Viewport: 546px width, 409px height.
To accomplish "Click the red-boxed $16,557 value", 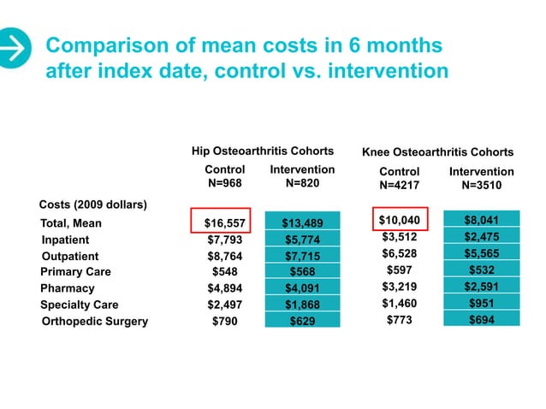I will [221, 223].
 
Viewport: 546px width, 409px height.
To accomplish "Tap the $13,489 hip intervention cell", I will [302, 223].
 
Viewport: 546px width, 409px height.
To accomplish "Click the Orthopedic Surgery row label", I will [94, 322].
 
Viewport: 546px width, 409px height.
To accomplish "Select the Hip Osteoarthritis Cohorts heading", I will [262, 151].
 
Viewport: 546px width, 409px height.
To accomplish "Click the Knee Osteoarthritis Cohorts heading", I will [438, 152].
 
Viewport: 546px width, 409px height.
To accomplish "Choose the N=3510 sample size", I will [481, 185].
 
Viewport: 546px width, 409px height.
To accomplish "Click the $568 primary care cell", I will [302, 272].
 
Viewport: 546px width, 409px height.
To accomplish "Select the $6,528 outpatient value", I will [399, 254].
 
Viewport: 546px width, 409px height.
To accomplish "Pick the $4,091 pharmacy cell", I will [302, 288].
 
